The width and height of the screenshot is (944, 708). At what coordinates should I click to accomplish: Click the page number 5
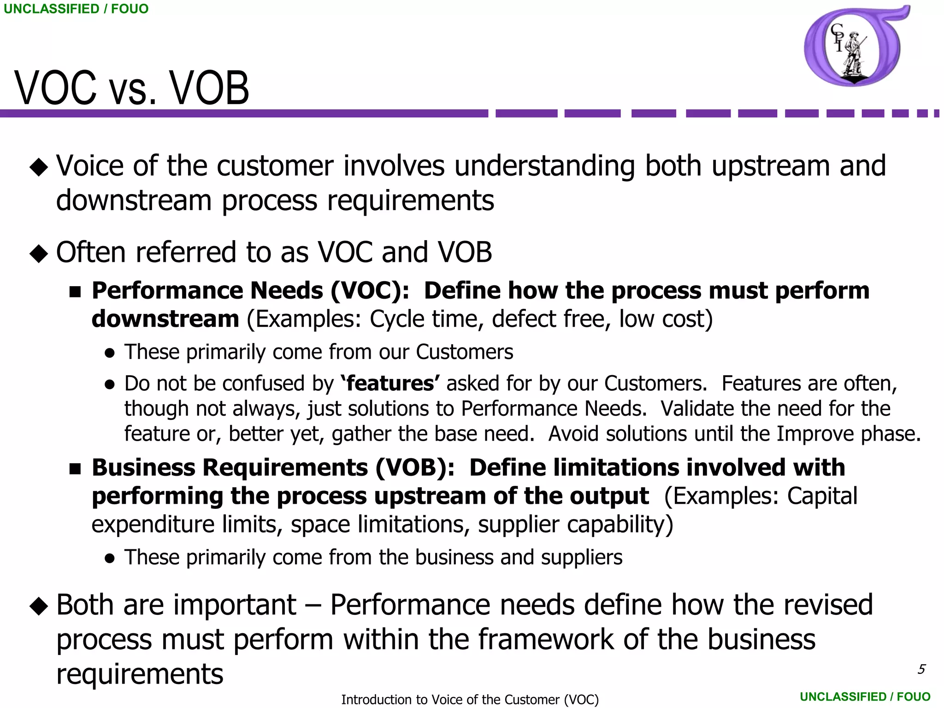point(921,669)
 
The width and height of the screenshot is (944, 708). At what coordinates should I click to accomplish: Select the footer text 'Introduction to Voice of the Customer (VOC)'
point(470,699)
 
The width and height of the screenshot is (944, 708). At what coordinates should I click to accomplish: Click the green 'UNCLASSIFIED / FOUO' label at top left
point(76,9)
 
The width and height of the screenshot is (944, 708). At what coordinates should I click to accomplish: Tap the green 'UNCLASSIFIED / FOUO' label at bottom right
point(865,696)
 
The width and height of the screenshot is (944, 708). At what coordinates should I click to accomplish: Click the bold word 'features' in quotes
point(390,383)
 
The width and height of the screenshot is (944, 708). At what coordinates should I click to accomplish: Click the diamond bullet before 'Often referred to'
point(39,254)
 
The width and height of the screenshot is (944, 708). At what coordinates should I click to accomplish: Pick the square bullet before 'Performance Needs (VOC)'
point(75,291)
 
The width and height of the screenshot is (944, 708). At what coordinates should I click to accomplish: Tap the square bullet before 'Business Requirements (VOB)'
point(75,469)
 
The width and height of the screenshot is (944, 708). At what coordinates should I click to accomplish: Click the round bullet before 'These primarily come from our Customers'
point(110,353)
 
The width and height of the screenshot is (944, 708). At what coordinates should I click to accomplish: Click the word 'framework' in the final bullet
point(546,640)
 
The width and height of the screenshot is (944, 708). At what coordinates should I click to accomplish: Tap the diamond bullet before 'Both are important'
point(39,606)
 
